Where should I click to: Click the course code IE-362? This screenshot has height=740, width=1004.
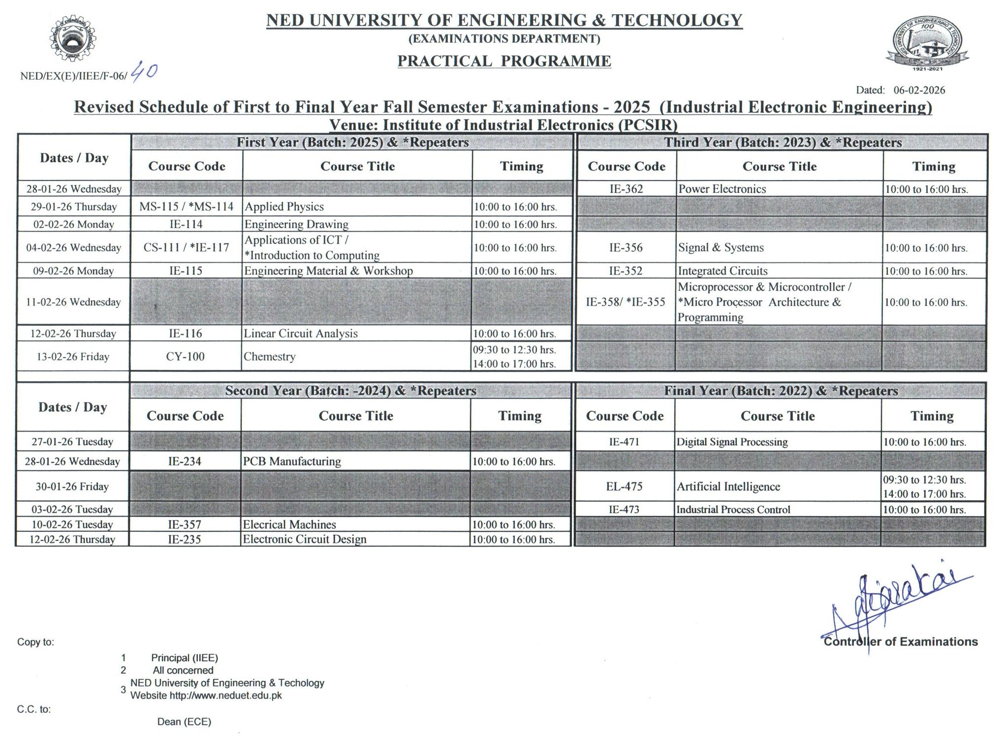coord(626,189)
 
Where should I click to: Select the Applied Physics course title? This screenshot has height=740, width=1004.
coord(284,207)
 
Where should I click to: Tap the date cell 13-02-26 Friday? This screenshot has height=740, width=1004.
coord(73,357)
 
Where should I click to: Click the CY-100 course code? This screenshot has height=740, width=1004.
coord(185,357)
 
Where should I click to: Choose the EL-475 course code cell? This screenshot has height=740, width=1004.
coord(624,487)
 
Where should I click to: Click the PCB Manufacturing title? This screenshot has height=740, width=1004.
coord(292,462)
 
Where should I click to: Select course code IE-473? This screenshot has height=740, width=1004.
coord(624,510)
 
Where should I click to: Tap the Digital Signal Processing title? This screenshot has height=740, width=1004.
coord(732,442)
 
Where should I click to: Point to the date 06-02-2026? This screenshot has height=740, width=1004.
coord(919,90)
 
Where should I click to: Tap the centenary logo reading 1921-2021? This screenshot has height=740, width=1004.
coord(927,44)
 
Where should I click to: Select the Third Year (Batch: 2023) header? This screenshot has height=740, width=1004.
coord(783,143)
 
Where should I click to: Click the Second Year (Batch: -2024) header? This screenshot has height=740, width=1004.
coord(350,391)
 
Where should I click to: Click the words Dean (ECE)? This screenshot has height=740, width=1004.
coord(184,722)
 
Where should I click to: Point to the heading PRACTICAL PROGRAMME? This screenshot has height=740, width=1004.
coord(504,61)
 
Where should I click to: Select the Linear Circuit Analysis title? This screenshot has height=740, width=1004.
coord(301,334)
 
